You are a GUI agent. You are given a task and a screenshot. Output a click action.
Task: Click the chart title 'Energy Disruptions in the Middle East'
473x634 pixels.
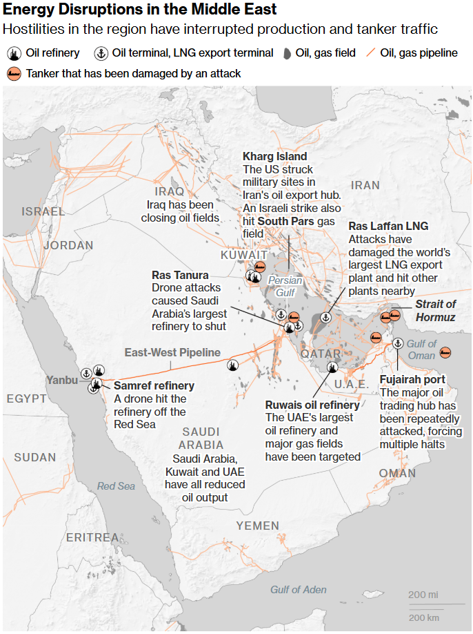pos(141,10)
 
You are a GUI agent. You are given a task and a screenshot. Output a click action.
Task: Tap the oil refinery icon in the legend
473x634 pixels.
pos(14,53)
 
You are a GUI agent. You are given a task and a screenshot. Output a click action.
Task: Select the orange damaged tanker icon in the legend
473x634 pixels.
pos(14,73)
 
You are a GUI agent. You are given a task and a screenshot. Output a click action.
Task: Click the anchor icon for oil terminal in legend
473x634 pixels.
pos(101,53)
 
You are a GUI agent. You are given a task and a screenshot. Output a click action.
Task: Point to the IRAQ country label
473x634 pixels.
pos(170,191)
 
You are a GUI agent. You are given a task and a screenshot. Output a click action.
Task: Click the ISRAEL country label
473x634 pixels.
pos(43,211)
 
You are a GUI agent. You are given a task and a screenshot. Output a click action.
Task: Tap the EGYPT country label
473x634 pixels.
pos(27,398)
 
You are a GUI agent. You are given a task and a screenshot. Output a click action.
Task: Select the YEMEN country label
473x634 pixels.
pos(258,526)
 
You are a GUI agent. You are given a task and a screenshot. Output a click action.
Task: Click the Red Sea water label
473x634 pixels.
pos(116,486)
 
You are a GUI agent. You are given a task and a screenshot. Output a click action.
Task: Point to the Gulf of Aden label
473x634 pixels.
pos(298,589)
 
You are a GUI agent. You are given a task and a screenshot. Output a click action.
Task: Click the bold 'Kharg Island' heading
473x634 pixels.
pos(274,157)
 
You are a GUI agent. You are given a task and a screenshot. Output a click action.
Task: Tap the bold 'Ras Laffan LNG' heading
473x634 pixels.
pos(388,226)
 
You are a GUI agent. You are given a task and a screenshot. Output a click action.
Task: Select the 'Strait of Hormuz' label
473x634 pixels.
pos(435,310)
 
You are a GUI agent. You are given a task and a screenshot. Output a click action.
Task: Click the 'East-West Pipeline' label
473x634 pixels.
pos(172,352)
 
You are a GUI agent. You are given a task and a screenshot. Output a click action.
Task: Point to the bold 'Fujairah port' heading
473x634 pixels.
pos(412,380)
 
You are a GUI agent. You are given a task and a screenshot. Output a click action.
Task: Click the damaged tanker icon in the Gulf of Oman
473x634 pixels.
pos(446,353)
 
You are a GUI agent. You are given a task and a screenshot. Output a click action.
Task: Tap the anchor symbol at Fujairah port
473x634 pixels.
pos(397,343)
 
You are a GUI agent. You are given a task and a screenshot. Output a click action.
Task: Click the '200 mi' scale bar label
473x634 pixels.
pos(423,595)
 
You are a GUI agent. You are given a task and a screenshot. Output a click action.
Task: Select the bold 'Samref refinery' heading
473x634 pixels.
pos(154,385)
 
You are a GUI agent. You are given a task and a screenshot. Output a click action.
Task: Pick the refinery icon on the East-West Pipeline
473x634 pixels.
pos(232,365)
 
